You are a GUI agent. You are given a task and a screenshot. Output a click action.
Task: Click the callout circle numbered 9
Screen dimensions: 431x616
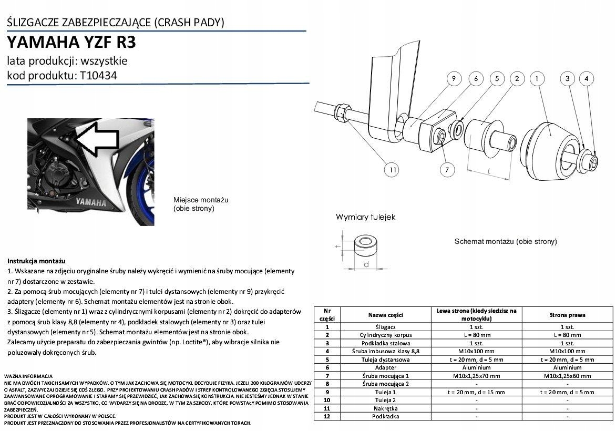453,79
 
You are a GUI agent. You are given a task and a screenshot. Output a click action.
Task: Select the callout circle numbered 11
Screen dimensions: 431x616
392,170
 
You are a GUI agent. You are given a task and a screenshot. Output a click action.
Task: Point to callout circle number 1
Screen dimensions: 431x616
537,79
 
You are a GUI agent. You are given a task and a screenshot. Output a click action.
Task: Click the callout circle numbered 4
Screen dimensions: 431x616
587,79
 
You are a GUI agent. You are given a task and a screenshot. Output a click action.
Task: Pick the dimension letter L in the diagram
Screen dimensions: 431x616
489,171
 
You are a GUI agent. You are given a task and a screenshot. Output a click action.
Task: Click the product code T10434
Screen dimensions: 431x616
99,75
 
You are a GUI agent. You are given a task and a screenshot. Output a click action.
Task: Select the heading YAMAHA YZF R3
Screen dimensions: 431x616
75,42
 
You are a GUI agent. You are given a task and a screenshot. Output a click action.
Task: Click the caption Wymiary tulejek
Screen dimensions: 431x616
365,217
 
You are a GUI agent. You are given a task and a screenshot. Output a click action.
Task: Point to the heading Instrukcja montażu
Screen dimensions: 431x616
36,261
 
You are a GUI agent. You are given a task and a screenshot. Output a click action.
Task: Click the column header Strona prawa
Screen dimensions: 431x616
567,315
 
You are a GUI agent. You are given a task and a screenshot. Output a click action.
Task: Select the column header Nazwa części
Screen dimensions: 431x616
385,315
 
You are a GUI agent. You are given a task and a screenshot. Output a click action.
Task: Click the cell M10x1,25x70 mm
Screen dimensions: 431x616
476,376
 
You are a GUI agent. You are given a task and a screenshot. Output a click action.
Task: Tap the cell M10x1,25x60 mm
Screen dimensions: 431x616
567,376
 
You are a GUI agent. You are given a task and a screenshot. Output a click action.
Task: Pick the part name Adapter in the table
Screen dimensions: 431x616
385,368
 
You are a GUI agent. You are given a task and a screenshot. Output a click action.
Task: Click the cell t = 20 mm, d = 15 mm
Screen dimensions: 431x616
476,392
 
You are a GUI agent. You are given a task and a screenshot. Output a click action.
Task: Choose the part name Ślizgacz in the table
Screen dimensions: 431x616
385,327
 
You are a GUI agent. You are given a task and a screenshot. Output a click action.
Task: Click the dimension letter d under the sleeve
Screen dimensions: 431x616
366,264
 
